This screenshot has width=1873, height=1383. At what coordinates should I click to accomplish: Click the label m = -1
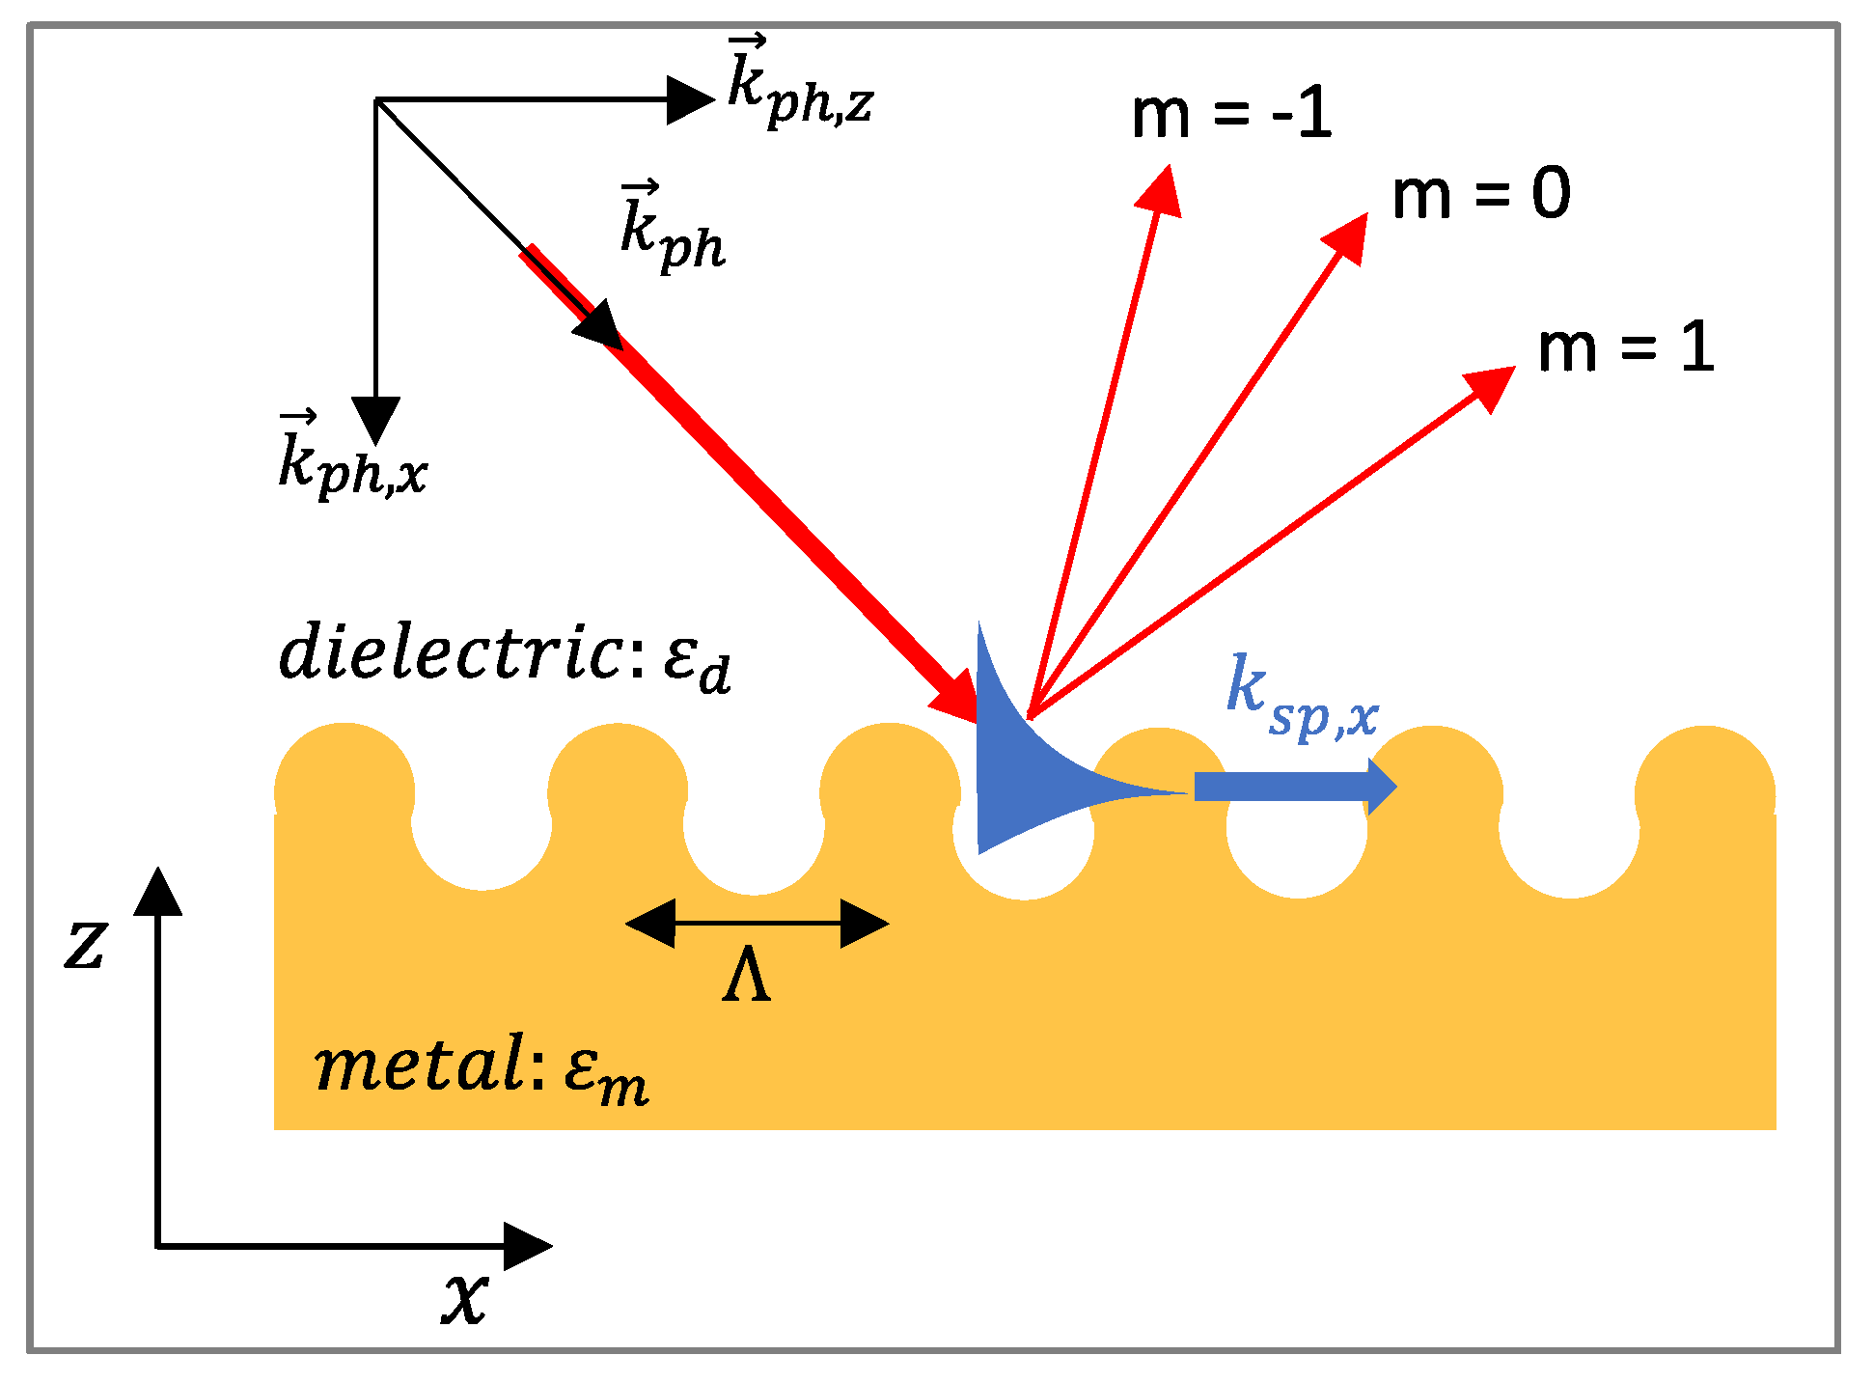(1231, 114)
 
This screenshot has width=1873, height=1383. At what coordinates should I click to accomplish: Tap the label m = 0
(1480, 194)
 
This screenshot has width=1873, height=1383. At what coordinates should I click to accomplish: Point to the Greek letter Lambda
(746, 976)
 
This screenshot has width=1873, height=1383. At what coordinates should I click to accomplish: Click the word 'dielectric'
(449, 652)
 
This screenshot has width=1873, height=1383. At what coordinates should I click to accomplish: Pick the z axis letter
(85, 943)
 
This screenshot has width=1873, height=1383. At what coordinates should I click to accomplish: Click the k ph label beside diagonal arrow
(672, 230)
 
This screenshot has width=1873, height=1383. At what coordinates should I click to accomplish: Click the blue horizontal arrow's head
(1380, 787)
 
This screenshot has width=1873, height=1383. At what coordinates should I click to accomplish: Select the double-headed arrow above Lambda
(757, 924)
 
